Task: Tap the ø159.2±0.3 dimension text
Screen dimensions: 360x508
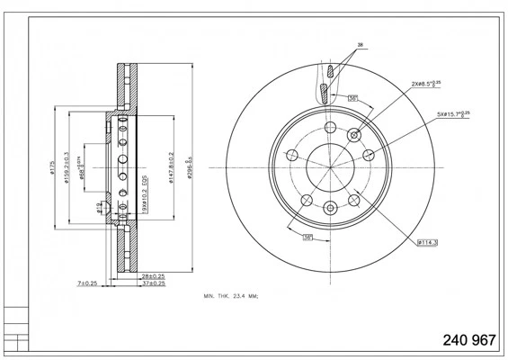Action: [67, 168]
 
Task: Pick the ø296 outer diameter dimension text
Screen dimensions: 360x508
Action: [190, 167]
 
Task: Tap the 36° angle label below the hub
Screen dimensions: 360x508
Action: [307, 237]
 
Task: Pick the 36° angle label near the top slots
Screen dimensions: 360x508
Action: [353, 97]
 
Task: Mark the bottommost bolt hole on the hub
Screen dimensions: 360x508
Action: [329, 211]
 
